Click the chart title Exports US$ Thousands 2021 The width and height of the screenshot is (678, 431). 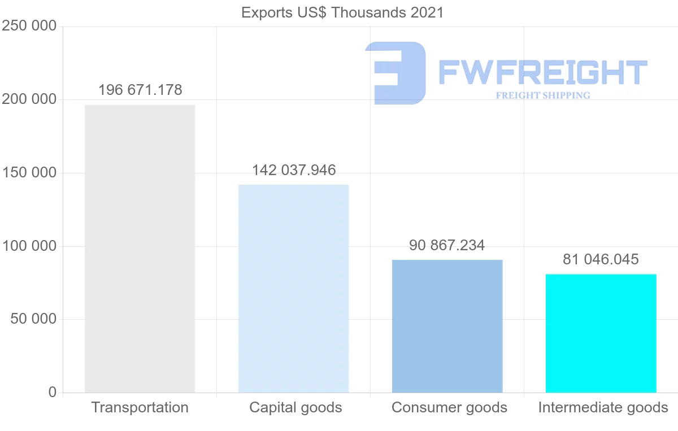point(342,12)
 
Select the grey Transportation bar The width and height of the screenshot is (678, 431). point(140,249)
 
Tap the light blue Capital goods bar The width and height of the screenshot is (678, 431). point(293,288)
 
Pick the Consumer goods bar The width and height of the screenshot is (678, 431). point(447,326)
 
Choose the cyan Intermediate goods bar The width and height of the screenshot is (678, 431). point(601,333)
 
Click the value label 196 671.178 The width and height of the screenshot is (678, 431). point(140,90)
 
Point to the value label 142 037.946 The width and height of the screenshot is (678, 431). point(294,170)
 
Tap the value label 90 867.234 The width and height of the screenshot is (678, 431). point(447,245)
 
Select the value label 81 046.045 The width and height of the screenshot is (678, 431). point(601,259)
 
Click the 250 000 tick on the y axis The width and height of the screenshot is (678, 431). point(30,27)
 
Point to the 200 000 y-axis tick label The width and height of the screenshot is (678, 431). point(30,99)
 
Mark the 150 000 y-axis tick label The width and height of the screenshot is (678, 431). point(30,173)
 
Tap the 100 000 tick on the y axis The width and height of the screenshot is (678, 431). point(30,246)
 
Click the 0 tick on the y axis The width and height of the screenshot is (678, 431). point(53,392)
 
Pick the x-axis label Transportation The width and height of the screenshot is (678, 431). point(140,407)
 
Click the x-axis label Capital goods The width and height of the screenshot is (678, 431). point(295,407)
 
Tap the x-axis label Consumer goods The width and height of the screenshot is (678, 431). point(449,407)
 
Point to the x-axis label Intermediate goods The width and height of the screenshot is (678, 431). point(603,407)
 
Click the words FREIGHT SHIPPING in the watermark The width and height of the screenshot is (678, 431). point(543,95)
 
